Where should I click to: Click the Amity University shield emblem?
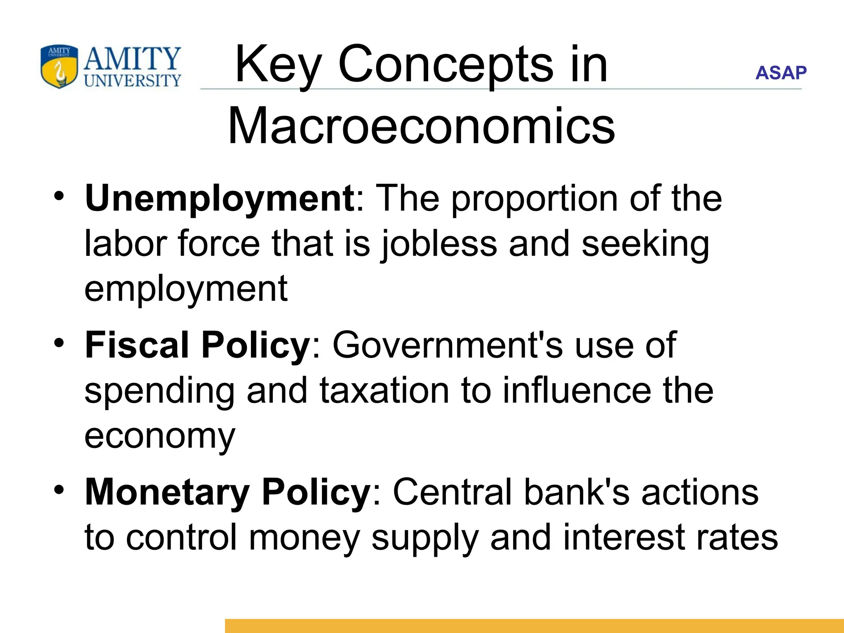(59, 67)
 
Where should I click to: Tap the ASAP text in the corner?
(781, 73)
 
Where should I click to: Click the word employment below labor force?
(186, 289)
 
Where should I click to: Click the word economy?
(160, 436)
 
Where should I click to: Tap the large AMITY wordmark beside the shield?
(132, 59)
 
